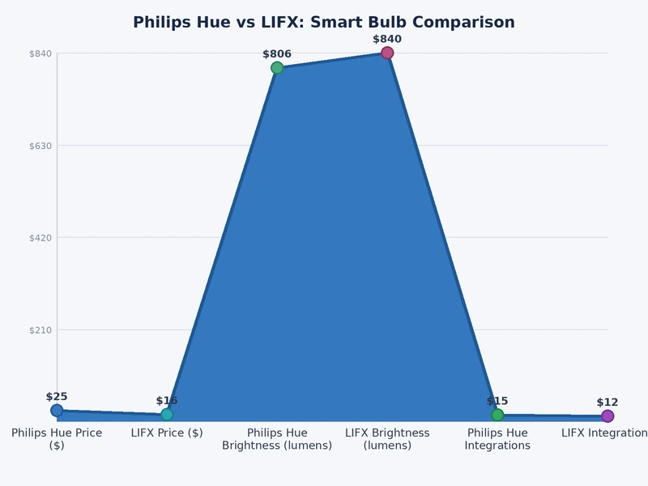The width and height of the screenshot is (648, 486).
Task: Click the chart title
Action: (324, 23)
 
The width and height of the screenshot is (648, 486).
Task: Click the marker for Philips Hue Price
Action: (57, 411)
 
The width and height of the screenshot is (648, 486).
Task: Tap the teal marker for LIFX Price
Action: (167, 415)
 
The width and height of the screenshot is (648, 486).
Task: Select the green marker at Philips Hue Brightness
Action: (277, 68)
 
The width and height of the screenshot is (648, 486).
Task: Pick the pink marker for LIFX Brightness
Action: (387, 53)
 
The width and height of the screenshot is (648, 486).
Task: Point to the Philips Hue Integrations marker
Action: (497, 415)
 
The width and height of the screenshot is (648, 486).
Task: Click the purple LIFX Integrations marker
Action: (607, 416)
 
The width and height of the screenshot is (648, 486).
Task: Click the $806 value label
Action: (277, 54)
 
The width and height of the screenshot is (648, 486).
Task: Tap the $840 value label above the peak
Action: (387, 39)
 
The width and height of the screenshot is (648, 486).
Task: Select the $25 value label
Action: (57, 397)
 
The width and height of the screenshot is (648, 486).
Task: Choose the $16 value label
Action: (167, 401)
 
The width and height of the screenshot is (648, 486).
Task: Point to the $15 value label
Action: (497, 401)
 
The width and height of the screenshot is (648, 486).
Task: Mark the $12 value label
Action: (607, 403)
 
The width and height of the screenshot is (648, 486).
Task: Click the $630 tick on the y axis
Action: (40, 146)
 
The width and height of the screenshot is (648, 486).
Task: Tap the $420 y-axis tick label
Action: (40, 238)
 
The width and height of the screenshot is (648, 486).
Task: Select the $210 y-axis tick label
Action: (40, 330)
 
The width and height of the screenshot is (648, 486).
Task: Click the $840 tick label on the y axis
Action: (40, 53)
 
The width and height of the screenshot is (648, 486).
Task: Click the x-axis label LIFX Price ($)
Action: (167, 433)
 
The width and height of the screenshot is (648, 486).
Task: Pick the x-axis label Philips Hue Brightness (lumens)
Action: (277, 439)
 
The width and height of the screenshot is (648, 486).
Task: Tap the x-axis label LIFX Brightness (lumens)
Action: (387, 439)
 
